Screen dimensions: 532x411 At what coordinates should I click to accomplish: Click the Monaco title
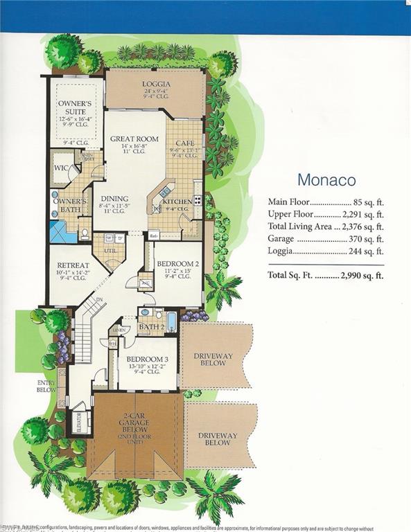[x=326, y=180]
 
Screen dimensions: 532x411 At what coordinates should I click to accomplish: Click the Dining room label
[x=114, y=197]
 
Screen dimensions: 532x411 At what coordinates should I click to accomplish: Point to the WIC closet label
[x=60, y=168]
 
